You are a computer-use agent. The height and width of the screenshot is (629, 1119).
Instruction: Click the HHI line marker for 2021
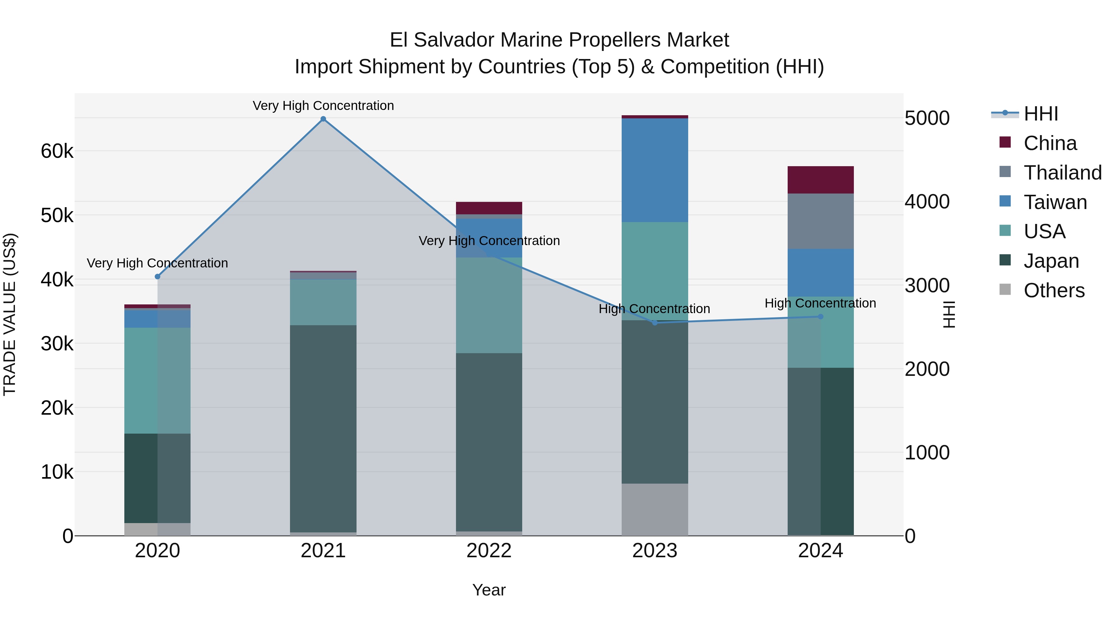tap(323, 119)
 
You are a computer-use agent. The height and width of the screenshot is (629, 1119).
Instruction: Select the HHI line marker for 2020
tap(158, 276)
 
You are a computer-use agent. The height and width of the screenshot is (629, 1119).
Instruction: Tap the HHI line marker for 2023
tap(655, 322)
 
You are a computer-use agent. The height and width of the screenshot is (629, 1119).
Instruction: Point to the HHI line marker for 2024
tap(821, 317)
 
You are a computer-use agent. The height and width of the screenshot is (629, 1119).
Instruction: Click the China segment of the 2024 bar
tap(821, 180)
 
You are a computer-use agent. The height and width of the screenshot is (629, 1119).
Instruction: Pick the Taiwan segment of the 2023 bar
tap(655, 170)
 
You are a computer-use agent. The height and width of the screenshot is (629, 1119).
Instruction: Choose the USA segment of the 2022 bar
tap(489, 305)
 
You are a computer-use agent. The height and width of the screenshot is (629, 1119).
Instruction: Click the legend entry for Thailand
tap(1062, 173)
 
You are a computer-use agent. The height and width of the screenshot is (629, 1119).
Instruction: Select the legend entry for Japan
tap(1051, 261)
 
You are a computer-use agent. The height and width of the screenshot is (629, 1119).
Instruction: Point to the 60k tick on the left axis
tap(57, 152)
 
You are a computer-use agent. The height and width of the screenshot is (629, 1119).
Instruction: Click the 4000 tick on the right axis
tap(927, 202)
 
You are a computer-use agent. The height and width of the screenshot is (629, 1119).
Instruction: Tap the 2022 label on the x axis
tap(489, 551)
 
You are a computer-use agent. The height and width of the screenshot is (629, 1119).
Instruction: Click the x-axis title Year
tap(489, 590)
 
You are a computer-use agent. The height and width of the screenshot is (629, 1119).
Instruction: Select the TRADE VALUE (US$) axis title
tap(10, 314)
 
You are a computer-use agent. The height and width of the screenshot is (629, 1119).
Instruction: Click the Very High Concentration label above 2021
tap(323, 106)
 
